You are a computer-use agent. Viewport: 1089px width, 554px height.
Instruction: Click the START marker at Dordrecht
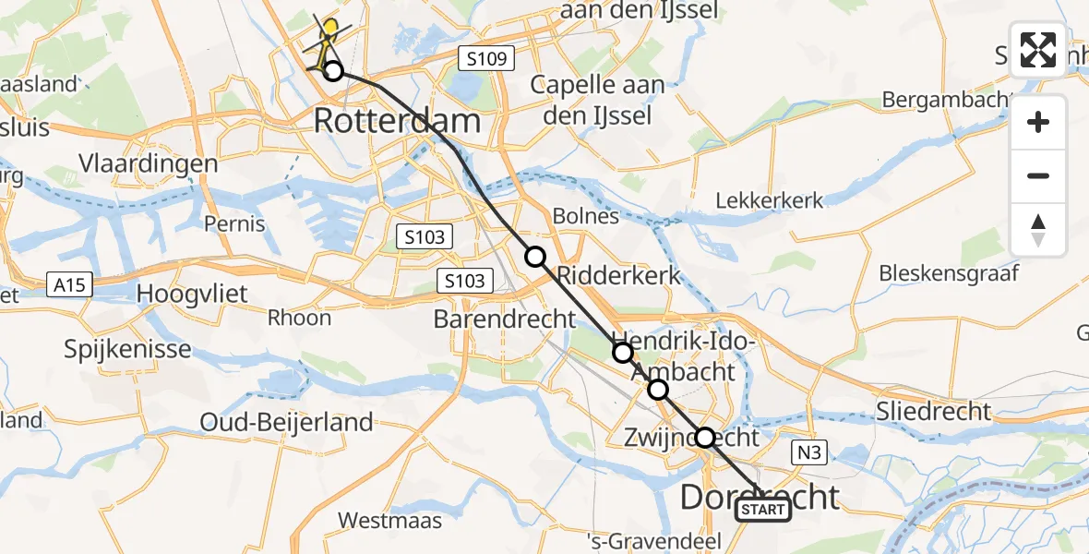point(763,510)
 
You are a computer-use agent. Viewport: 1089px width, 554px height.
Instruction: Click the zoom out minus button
point(1038,176)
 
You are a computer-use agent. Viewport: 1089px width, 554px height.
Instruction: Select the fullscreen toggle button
point(1038,50)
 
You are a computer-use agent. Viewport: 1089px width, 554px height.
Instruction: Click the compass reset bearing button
point(1038,230)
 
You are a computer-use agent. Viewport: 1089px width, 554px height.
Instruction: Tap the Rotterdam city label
point(398,121)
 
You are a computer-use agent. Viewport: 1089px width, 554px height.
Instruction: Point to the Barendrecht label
point(505,319)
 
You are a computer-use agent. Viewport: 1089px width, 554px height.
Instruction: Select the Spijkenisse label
point(128,349)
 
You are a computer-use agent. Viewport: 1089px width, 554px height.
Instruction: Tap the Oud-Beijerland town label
point(287,422)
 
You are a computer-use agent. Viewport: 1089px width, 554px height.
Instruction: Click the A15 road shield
point(69,285)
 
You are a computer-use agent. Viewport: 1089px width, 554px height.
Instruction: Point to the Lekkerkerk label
point(770,200)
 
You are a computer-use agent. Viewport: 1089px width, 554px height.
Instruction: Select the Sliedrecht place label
point(934,411)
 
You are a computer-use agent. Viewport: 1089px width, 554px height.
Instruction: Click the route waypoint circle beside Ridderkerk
point(535,257)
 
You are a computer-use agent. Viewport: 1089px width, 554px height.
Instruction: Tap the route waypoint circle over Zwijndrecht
point(705,438)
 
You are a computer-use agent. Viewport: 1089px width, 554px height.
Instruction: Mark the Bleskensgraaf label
point(949,272)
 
